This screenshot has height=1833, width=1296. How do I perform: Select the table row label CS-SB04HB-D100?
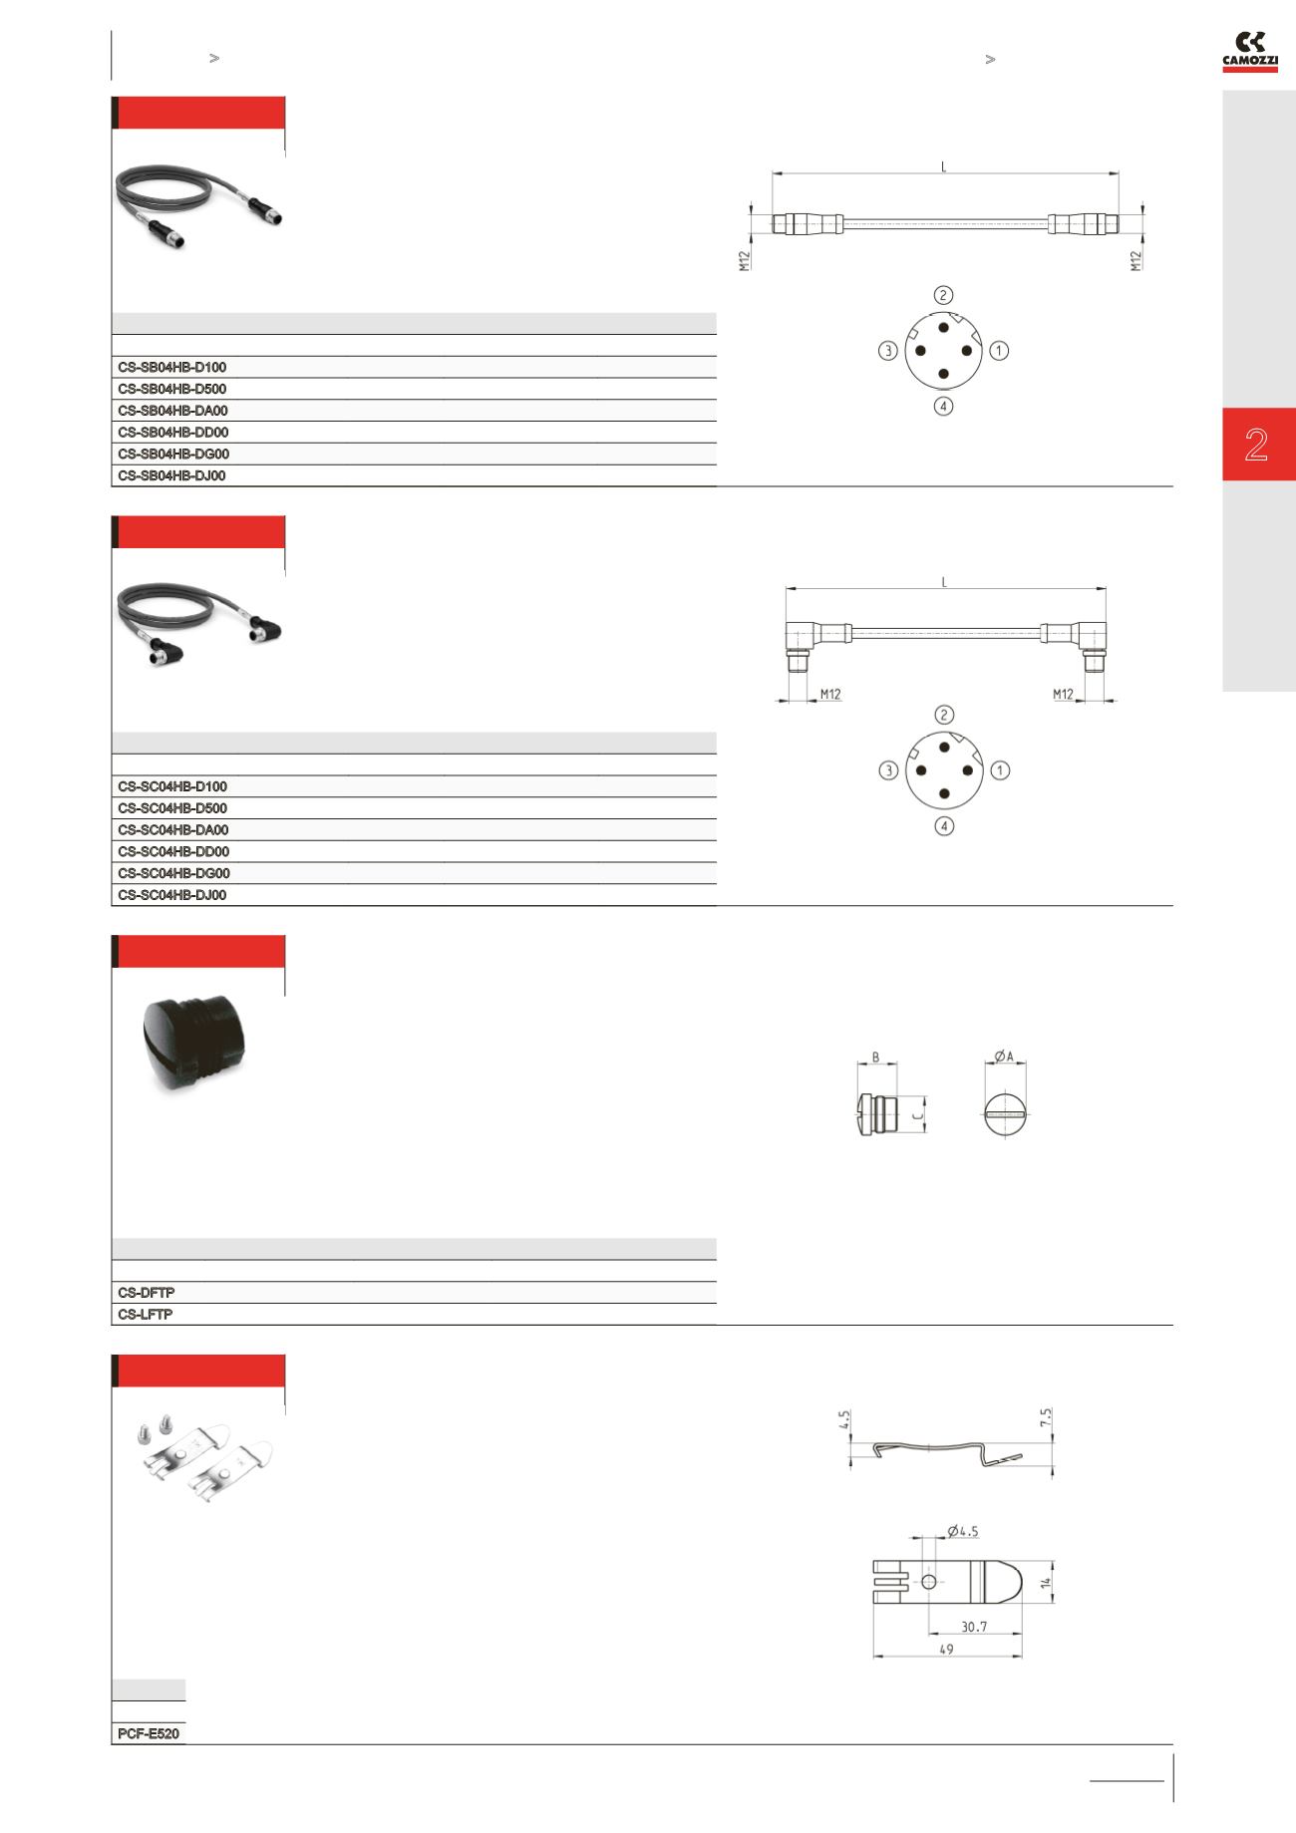172,368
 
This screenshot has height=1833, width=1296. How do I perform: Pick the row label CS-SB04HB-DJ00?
172,476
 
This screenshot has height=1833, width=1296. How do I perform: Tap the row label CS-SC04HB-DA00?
173,830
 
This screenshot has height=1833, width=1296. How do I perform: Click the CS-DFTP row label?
147,1293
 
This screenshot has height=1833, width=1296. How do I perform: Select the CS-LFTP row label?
146,1315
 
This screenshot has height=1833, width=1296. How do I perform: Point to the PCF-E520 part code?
149,1734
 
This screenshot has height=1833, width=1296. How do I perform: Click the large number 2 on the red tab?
1256,445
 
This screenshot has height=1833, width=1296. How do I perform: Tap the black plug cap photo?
196,1045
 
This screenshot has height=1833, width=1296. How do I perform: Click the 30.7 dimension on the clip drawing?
974,1627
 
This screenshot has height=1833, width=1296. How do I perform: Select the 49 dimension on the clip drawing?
946,1650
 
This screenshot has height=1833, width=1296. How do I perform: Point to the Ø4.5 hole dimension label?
963,1531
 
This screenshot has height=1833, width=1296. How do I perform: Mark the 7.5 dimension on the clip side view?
1046,1417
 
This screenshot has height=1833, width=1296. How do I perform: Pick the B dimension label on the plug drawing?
875,1057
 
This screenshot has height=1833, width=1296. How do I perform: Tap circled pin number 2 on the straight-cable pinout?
943,295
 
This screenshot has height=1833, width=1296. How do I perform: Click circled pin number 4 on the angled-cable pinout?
943,826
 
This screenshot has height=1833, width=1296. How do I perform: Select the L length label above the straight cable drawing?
944,166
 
